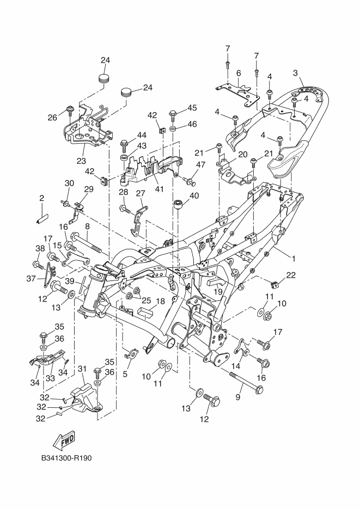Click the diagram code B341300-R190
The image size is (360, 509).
coord(66,458)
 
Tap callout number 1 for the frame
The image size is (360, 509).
coord(294,259)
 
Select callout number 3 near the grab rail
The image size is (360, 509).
coord(295,73)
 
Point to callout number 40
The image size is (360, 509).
coord(194,196)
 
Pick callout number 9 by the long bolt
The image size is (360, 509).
coord(238,397)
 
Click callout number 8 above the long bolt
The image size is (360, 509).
coord(87,226)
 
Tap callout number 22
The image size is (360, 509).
coord(291,275)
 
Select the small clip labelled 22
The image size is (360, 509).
coord(274,285)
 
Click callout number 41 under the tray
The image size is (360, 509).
coord(159,188)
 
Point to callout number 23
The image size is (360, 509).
coord(81,161)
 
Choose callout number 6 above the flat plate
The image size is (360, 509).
coord(239,73)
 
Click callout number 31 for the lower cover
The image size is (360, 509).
coord(82,369)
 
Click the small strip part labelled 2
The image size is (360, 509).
coord(42,218)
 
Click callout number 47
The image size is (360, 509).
coord(201,164)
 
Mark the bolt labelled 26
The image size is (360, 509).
coord(70,110)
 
